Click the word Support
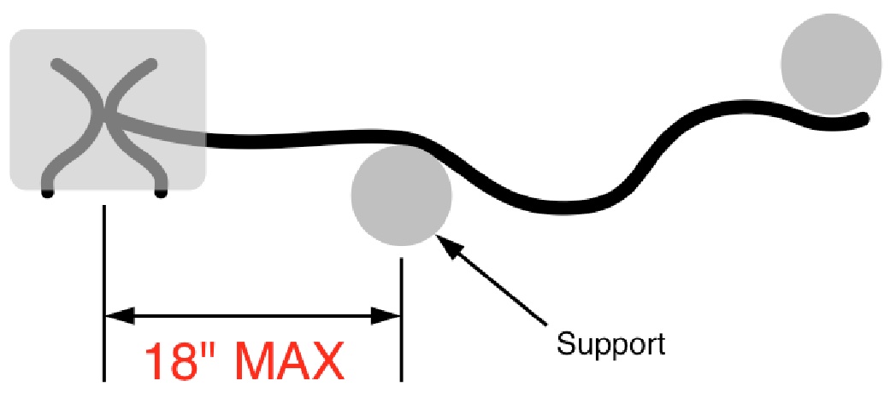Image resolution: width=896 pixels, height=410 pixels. click(610, 344)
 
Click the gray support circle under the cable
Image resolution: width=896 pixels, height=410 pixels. click(401, 194)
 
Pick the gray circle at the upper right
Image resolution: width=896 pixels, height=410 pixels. click(830, 64)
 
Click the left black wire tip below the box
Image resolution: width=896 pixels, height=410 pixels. click(47, 194)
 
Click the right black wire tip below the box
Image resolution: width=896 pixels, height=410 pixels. click(160, 194)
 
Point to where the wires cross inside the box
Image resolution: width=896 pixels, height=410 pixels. click(103, 120)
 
